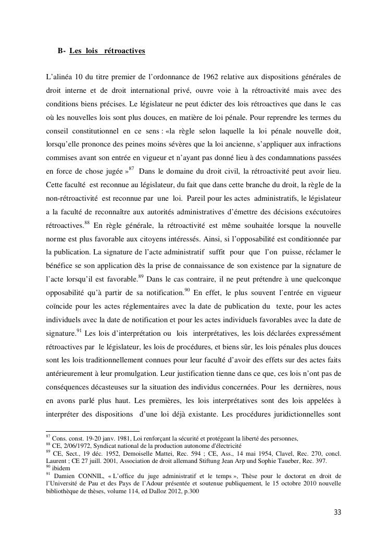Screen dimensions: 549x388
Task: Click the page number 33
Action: pos(337,512)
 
